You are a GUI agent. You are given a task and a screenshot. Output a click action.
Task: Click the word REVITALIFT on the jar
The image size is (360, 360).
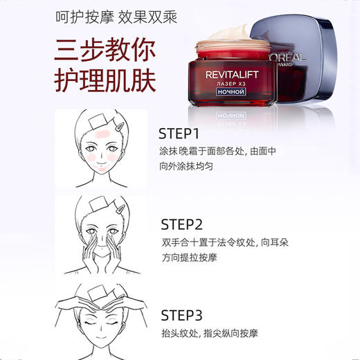pos(233,71)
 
